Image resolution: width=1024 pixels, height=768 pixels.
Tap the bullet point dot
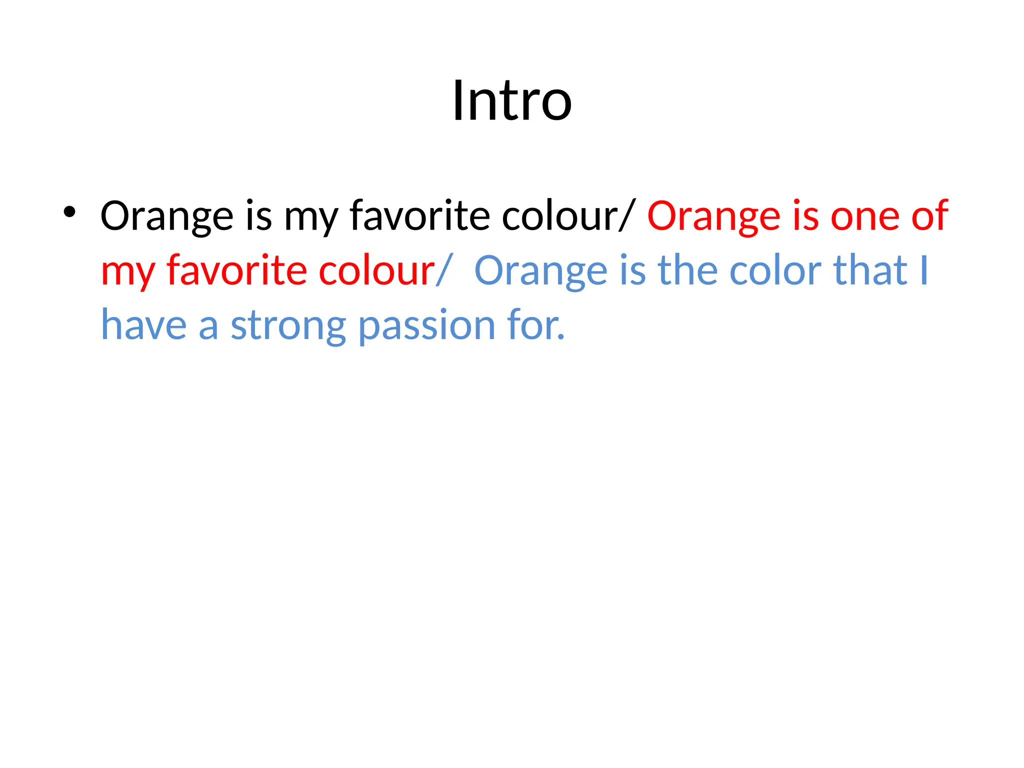click(x=69, y=212)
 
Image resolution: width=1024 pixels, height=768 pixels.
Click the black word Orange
click(x=166, y=216)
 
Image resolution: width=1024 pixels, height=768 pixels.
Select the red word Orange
click(x=713, y=216)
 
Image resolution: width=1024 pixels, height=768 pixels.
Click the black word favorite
click(x=419, y=215)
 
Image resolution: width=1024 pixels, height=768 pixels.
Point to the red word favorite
click(x=236, y=270)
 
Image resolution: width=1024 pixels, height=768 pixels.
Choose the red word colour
click(x=376, y=270)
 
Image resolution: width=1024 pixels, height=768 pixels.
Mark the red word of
click(x=929, y=215)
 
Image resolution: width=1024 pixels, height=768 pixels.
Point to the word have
click(x=144, y=325)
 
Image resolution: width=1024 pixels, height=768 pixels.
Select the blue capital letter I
click(x=923, y=270)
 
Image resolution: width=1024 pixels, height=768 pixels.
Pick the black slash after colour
click(x=627, y=215)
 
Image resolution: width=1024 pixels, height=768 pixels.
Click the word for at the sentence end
click(x=535, y=325)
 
